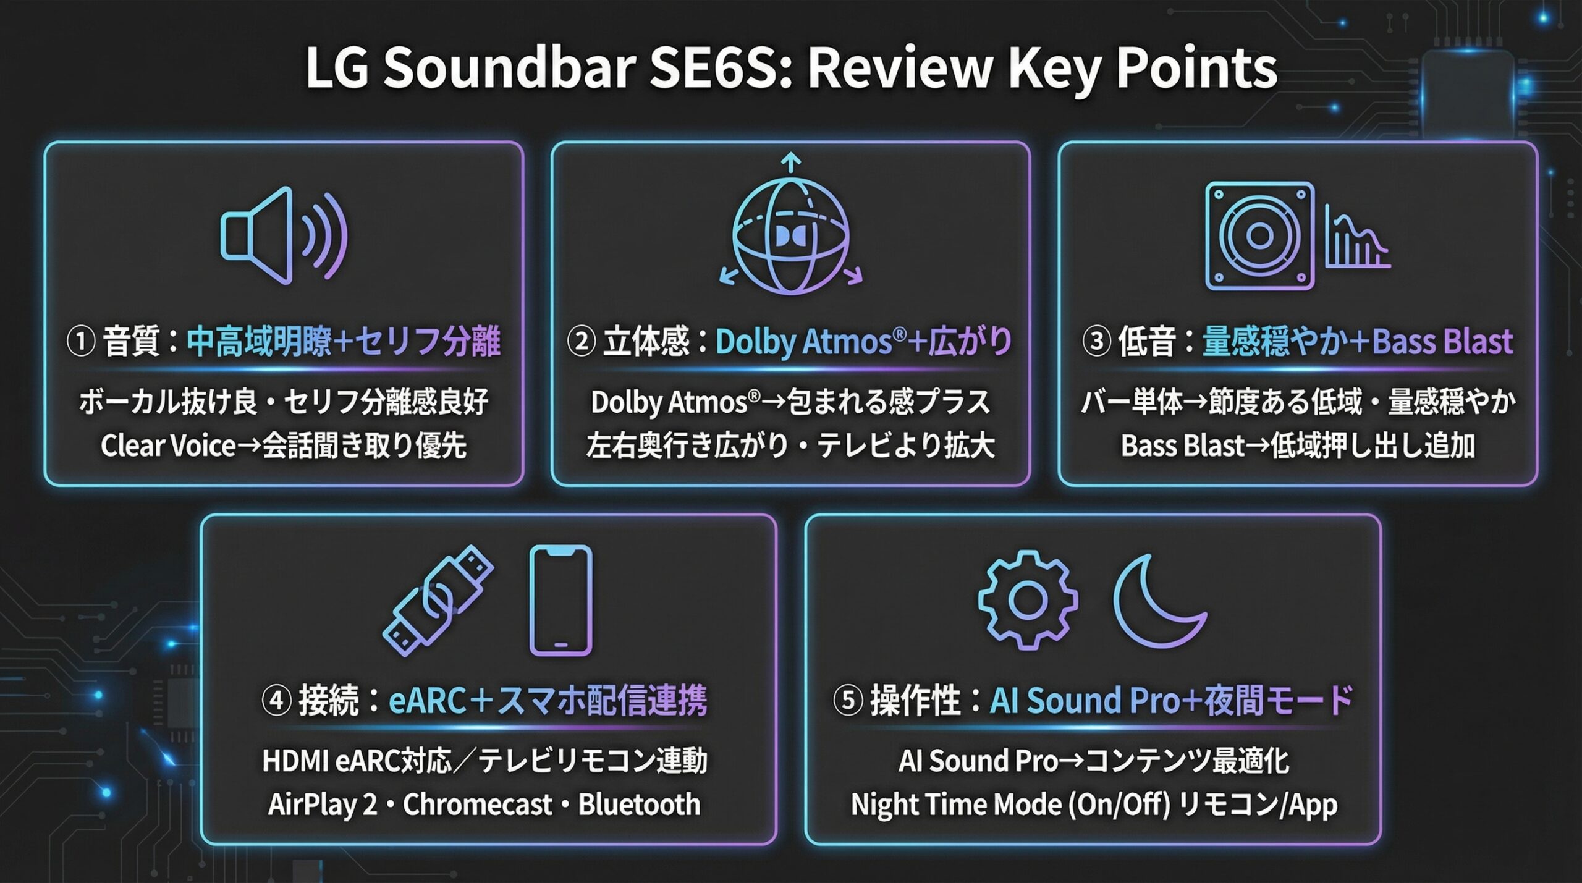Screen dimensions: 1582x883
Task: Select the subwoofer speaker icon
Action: click(1259, 235)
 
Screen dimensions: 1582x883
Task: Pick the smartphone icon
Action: click(561, 600)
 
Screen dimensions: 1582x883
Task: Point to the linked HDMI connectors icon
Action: click(438, 600)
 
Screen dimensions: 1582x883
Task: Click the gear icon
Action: click(1028, 600)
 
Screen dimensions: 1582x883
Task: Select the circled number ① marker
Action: click(80, 342)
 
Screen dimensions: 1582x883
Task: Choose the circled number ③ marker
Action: click(1097, 342)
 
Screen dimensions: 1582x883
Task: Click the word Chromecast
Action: click(478, 805)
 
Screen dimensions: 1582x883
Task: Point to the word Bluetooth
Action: click(640, 805)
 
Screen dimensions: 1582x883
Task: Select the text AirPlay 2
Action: click(323, 805)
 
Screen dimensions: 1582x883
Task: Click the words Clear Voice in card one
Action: click(168, 446)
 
